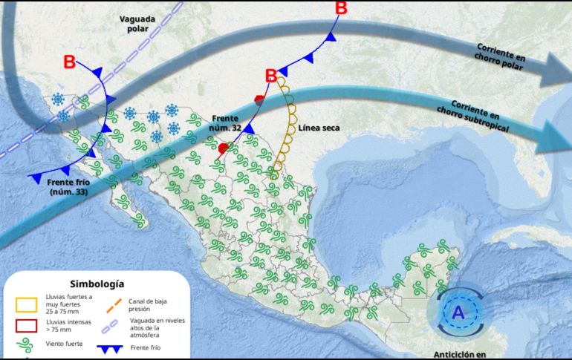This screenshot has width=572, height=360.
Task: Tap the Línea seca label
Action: click(x=319, y=128)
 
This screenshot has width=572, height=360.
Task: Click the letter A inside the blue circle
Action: click(x=458, y=313)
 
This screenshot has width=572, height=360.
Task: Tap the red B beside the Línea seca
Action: click(x=271, y=75)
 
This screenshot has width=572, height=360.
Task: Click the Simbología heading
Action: click(x=97, y=284)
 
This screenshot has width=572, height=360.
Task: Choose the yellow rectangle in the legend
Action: click(x=25, y=304)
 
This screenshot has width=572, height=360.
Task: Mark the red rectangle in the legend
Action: click(x=25, y=325)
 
